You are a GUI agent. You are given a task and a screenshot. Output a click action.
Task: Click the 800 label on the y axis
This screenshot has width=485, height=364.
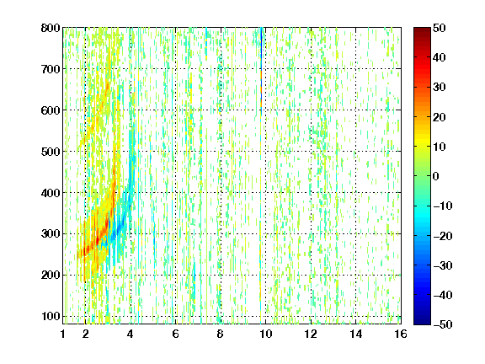pyautogui.click(x=51, y=28)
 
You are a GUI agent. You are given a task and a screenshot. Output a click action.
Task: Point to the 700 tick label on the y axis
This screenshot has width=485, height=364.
pyautogui.click(x=51, y=69)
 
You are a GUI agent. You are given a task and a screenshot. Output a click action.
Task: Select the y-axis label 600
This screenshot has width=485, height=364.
pyautogui.click(x=51, y=110)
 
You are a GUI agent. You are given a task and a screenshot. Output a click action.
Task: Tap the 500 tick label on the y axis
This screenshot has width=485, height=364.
pyautogui.click(x=51, y=152)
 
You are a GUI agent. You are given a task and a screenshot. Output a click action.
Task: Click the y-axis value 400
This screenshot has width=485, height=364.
pyautogui.click(x=51, y=193)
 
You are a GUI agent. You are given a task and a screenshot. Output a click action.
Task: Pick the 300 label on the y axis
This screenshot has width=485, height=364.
pyautogui.click(x=51, y=233)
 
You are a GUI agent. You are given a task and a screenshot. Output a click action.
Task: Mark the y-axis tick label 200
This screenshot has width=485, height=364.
pyautogui.click(x=51, y=275)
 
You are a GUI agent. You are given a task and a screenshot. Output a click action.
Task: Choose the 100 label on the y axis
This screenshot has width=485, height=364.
pyautogui.click(x=51, y=316)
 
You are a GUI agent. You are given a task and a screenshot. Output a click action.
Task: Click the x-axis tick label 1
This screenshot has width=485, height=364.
pyautogui.click(x=63, y=334)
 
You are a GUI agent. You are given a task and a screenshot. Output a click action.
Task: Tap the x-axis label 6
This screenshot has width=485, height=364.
pyautogui.click(x=175, y=334)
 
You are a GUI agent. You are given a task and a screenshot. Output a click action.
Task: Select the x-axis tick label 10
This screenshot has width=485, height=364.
pyautogui.click(x=265, y=334)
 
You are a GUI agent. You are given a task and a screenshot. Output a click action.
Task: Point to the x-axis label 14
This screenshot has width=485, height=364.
pyautogui.click(x=355, y=334)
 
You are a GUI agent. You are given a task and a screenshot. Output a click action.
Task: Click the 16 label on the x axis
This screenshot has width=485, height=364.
pyautogui.click(x=401, y=334)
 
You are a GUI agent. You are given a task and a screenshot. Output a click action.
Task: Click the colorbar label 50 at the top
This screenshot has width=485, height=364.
pyautogui.click(x=440, y=28)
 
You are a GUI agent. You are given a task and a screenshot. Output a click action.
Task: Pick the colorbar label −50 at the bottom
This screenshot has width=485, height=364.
pyautogui.click(x=443, y=324)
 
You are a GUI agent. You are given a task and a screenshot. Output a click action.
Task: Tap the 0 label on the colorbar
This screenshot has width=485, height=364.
pyautogui.click(x=436, y=176)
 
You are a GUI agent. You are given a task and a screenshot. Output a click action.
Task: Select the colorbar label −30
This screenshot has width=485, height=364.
pyautogui.click(x=443, y=265)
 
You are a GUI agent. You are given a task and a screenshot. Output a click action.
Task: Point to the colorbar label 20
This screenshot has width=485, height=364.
pyautogui.click(x=440, y=117)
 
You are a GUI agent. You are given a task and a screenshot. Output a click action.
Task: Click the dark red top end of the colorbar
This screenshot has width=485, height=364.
pyautogui.click(x=422, y=29)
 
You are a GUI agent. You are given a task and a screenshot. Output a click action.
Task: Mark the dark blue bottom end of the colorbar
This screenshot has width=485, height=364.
pyautogui.click(x=422, y=323)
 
